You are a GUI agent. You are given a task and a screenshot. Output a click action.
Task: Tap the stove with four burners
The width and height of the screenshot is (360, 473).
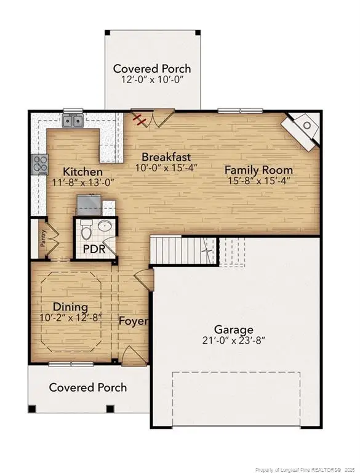point(40,164)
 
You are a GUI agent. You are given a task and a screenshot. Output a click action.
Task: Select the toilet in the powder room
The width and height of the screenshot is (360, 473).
point(87,230)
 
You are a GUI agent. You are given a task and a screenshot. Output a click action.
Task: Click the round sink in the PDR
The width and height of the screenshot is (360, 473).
point(105,227)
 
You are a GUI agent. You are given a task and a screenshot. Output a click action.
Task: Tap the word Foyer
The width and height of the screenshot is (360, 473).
point(134,321)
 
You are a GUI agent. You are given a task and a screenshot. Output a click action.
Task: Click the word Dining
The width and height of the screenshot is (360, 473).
point(70,307)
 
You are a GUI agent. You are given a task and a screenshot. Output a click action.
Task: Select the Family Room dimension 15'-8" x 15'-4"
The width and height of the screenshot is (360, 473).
point(258,181)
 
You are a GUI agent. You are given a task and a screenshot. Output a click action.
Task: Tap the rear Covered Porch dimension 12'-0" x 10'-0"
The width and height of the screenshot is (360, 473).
point(151,80)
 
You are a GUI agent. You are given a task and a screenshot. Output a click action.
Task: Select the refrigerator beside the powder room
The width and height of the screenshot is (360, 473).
point(89,203)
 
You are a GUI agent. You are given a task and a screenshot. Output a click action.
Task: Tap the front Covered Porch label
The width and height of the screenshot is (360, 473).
point(88,387)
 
